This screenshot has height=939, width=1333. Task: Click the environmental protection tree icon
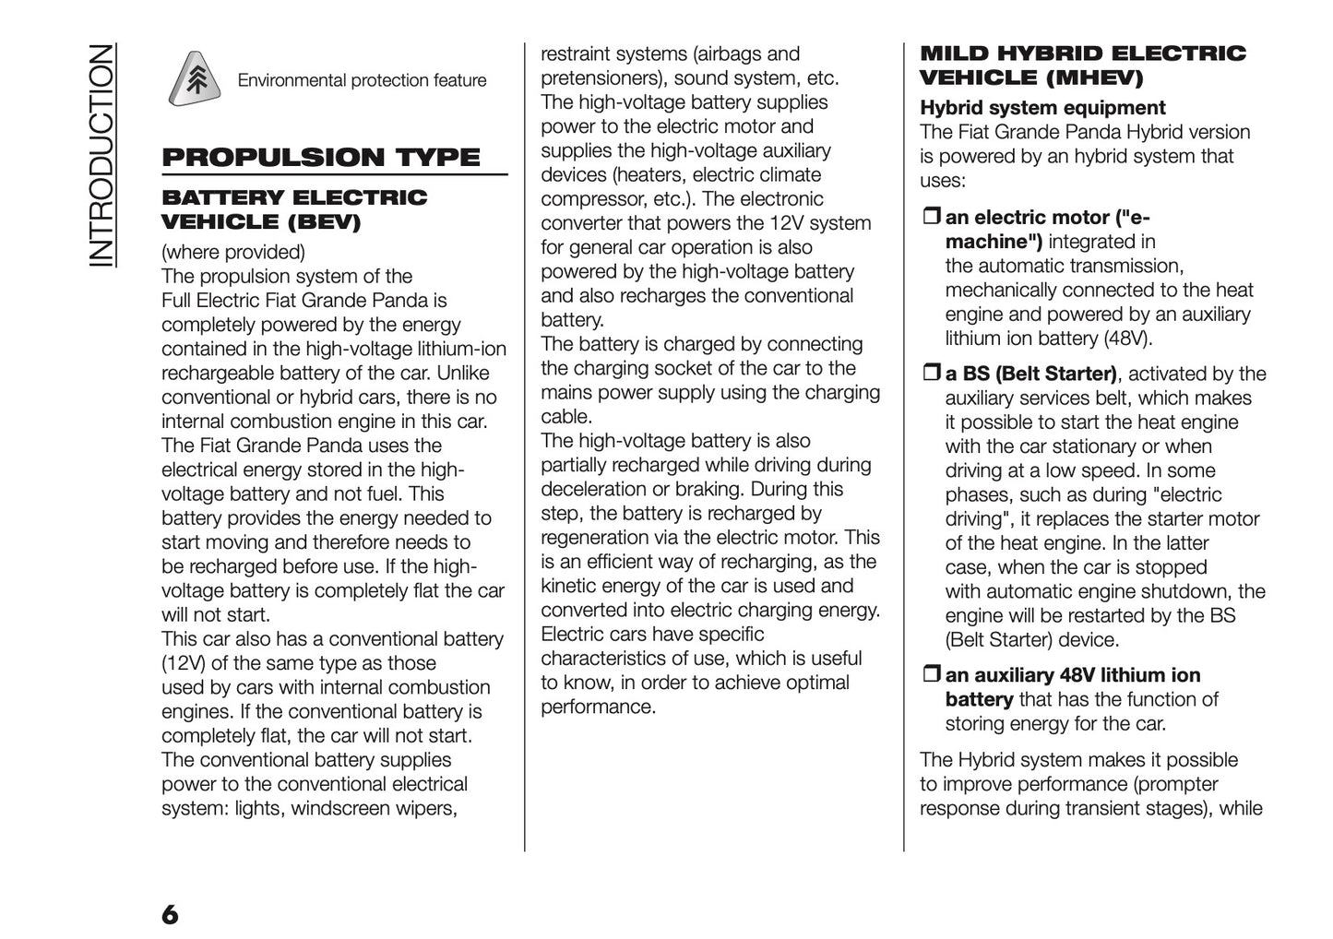pyautogui.click(x=196, y=78)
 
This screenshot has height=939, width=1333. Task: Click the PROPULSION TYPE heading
pyautogui.click(x=321, y=157)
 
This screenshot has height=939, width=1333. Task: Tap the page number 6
pyautogui.click(x=170, y=914)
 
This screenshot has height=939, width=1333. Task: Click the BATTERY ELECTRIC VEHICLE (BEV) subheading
pyautogui.click(x=294, y=209)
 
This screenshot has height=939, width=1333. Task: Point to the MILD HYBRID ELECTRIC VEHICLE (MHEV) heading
pyautogui.click(x=1082, y=65)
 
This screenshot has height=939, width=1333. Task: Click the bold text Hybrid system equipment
pyautogui.click(x=1042, y=108)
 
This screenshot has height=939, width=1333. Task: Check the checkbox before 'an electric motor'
pyautogui.click(x=930, y=218)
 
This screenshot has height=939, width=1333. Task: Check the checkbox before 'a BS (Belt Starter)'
pyautogui.click(x=930, y=374)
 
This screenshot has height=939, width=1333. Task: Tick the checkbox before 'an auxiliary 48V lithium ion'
pyautogui.click(x=930, y=675)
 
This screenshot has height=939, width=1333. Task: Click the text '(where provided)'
pyautogui.click(x=232, y=252)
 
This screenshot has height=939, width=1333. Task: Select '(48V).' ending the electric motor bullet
pyautogui.click(x=1127, y=339)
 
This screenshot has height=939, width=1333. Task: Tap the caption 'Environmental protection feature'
pyautogui.click(x=362, y=80)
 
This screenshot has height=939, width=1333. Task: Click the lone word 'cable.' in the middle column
pyautogui.click(x=565, y=417)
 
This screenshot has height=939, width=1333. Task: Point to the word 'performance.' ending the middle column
pyautogui.click(x=598, y=707)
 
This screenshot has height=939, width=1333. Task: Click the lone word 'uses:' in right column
pyautogui.click(x=942, y=181)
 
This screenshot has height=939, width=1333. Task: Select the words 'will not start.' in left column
pyautogui.click(x=216, y=615)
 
